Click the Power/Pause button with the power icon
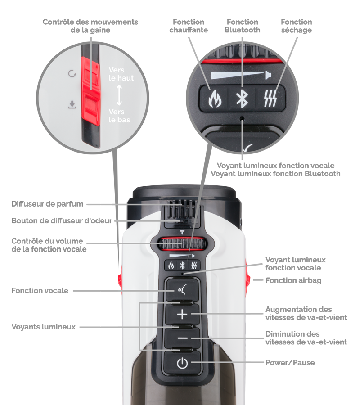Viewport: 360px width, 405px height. tap(182, 363)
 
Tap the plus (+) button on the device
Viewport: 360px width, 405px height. tap(182, 314)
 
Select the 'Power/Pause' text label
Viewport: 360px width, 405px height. tap(290, 362)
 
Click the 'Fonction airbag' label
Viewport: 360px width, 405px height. tap(293, 280)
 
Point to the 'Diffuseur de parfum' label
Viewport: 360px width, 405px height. tap(47, 204)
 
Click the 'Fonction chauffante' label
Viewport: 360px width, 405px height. tap(188, 26)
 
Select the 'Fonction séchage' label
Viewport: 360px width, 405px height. tap(296, 26)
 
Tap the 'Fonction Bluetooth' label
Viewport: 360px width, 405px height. tap(242, 26)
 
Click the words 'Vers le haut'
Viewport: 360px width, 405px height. tap(121, 74)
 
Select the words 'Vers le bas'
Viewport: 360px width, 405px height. tap(119, 116)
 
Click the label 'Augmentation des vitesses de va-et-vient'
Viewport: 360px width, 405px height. tap(306, 313)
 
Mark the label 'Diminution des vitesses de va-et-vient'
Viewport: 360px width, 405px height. tap(306, 338)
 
